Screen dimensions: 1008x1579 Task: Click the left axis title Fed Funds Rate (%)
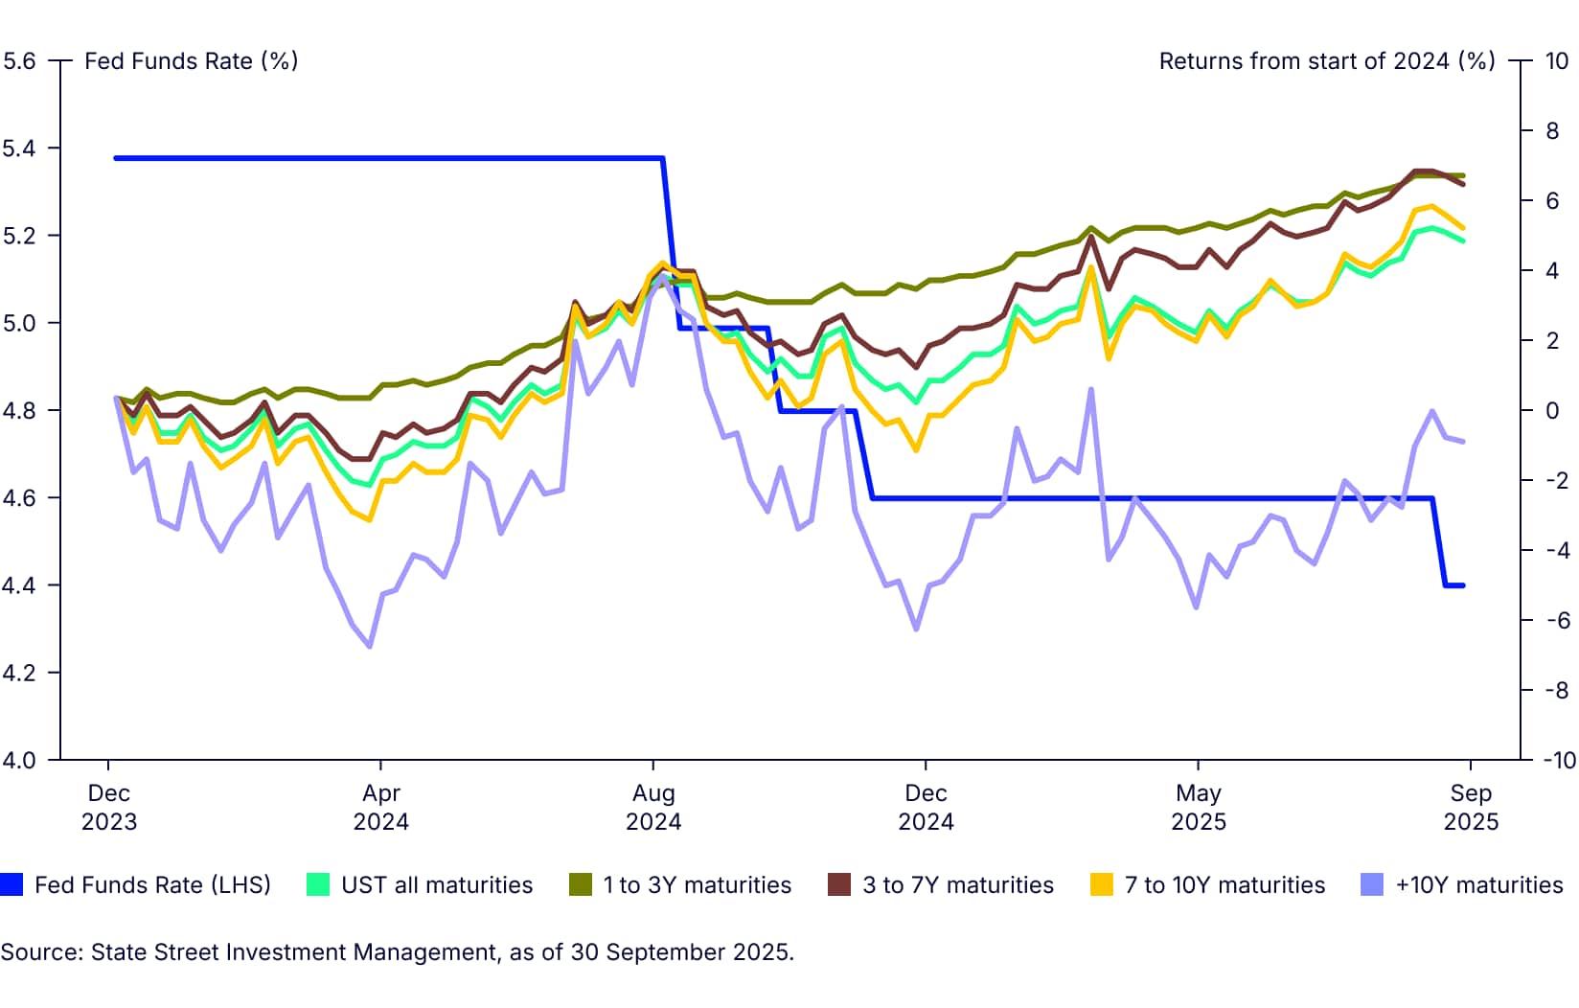point(191,61)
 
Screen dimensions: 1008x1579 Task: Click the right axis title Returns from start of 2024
point(1326,61)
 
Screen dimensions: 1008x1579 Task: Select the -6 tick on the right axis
point(1555,620)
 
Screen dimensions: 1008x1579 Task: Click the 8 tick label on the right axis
point(1552,131)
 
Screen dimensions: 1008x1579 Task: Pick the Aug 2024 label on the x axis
point(653,807)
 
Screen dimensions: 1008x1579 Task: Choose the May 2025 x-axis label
point(1198,807)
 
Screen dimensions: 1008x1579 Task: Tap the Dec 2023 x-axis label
point(109,807)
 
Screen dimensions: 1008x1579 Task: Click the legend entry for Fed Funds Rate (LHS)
point(152,884)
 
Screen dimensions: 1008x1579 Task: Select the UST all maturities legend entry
point(436,884)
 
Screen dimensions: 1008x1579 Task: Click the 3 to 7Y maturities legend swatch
point(839,884)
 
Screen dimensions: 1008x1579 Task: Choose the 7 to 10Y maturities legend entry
point(1224,884)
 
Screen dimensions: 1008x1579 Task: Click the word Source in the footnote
point(39,952)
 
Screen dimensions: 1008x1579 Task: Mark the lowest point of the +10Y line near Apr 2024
point(370,647)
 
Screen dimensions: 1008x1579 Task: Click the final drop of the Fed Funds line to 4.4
point(1439,542)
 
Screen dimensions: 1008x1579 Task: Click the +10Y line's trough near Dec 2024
point(916,630)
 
